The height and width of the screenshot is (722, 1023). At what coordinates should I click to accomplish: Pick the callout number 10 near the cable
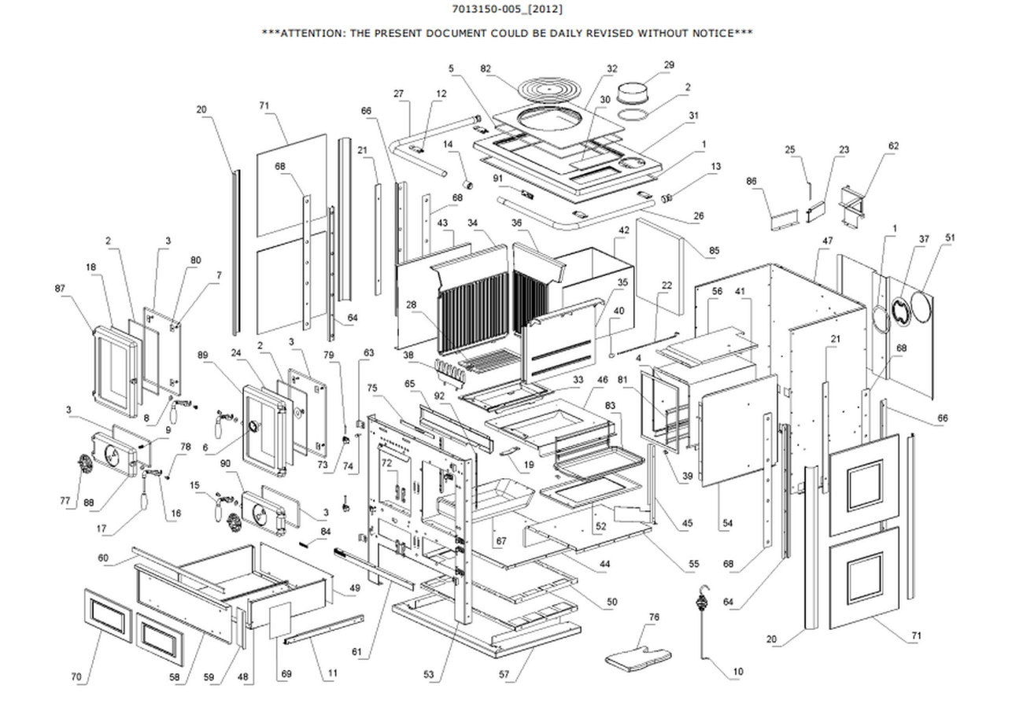click(x=737, y=672)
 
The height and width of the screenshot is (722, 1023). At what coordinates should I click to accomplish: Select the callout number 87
click(x=60, y=289)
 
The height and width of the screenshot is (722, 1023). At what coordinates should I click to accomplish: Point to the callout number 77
click(x=65, y=499)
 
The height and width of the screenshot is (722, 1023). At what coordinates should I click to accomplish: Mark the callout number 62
click(x=892, y=146)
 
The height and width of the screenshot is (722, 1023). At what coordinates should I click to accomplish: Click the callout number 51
click(x=950, y=237)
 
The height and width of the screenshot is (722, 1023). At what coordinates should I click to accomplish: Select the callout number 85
click(x=714, y=251)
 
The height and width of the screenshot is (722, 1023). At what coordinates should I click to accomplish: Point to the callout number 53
click(x=429, y=674)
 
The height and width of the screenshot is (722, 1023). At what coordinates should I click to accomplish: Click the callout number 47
click(x=827, y=240)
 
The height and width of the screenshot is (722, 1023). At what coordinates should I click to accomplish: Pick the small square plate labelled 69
click(x=280, y=621)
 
